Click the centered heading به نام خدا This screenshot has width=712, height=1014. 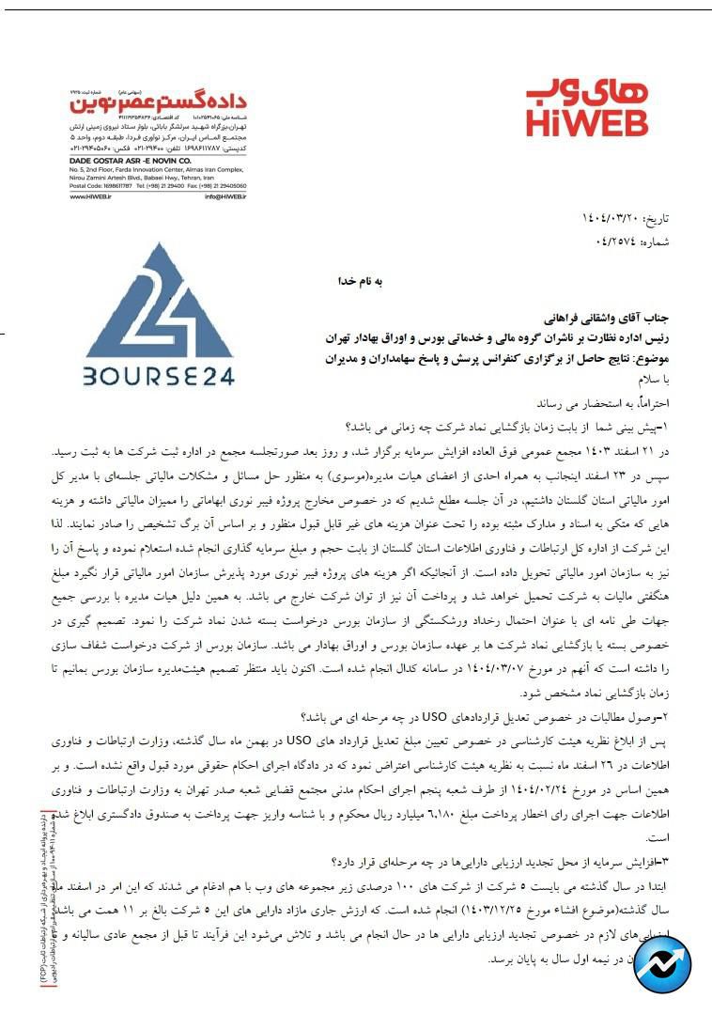pos(362,280)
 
